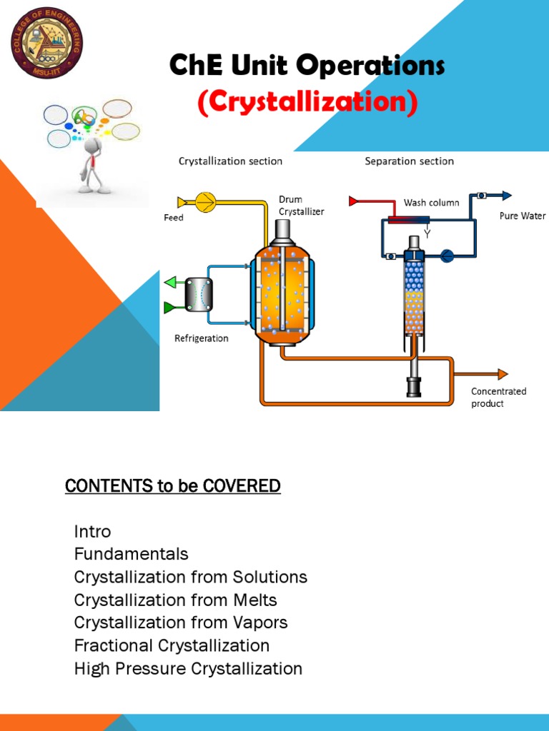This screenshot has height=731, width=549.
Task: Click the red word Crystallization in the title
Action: (x=307, y=102)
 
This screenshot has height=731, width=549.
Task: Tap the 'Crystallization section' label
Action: (x=230, y=161)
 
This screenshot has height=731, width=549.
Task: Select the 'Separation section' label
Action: (x=409, y=161)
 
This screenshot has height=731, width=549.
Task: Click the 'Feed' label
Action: (x=174, y=218)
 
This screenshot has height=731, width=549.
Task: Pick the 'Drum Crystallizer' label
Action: (x=301, y=206)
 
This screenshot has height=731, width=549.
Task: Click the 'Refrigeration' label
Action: (x=202, y=338)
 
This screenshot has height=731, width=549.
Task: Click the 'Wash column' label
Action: (x=431, y=203)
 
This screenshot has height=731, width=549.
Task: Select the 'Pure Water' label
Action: (x=523, y=216)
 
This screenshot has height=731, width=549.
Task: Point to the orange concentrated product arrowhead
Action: (x=503, y=374)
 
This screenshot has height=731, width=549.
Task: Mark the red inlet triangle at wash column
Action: (x=352, y=201)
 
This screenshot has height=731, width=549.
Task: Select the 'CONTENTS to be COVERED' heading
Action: (x=172, y=486)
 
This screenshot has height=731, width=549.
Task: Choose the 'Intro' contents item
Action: (x=92, y=531)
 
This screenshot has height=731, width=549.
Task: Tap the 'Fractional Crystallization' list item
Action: (x=172, y=645)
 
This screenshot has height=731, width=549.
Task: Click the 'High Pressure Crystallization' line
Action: (x=188, y=668)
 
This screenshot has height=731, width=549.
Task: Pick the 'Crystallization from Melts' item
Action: (x=175, y=600)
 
